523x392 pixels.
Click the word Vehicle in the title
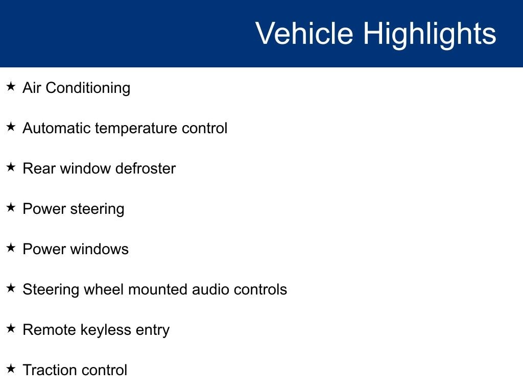pos(304,33)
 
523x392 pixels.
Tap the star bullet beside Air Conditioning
pos(11,86)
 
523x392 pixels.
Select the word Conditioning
pos(88,88)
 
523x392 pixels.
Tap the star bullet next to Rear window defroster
pos(11,167)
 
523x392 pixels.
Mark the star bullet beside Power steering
pos(11,207)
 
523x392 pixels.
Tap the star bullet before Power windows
pos(11,248)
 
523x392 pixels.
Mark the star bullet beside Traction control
pos(11,369)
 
